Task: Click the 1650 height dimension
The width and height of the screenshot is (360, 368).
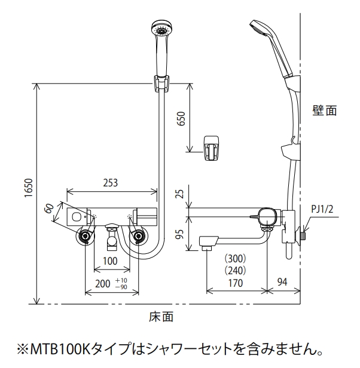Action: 29,188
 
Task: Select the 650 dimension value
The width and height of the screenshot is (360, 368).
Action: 181,118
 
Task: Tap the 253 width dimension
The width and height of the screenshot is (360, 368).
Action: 111,183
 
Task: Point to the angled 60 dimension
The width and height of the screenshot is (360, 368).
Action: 50,208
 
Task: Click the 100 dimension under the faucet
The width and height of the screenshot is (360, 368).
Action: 110,261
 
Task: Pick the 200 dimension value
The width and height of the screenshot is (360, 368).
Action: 103,284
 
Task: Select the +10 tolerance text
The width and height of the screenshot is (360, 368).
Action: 121,280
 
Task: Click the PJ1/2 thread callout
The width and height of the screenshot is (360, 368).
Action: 322,209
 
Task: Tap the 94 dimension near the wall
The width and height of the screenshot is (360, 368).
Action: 282,281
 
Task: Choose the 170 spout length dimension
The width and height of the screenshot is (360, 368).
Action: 236,283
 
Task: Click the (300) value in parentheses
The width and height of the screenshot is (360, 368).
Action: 236,259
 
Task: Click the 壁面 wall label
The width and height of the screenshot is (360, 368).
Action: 325,110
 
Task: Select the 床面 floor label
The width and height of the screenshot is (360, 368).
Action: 161,317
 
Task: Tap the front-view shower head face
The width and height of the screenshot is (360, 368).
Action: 161,29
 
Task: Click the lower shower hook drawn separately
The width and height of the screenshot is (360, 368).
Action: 212,148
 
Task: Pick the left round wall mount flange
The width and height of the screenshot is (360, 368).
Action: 85,236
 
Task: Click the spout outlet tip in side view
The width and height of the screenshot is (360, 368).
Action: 206,247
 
